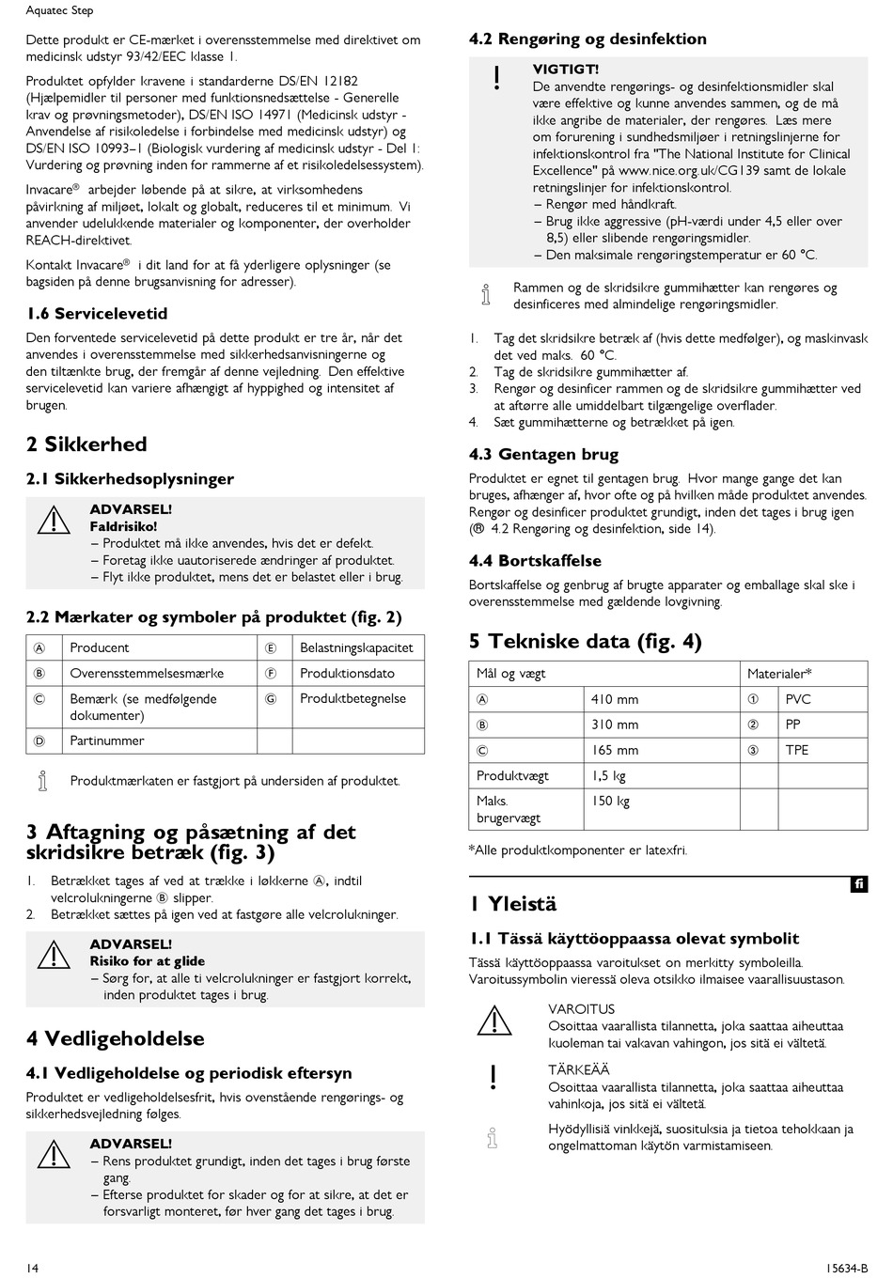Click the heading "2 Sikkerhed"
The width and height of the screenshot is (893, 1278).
pyautogui.click(x=86, y=444)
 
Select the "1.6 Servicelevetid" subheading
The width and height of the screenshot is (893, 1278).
pyautogui.click(x=97, y=314)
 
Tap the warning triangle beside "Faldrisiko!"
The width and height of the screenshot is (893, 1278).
pyautogui.click(x=55, y=520)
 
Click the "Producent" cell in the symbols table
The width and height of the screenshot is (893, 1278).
pyautogui.click(x=100, y=647)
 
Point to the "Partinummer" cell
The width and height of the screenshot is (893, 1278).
pyautogui.click(x=107, y=740)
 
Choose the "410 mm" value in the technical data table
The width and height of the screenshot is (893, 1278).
pyautogui.click(x=615, y=699)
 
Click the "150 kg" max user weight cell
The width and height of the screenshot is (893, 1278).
pyautogui.click(x=610, y=802)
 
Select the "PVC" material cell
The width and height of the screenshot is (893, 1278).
pyautogui.click(x=798, y=699)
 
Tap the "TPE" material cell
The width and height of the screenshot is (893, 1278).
pyautogui.click(x=796, y=750)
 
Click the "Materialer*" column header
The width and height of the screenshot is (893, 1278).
pyautogui.click(x=779, y=674)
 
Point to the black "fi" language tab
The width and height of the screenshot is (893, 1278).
pyautogui.click(x=859, y=884)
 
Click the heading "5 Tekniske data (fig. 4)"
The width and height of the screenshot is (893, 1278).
pyautogui.click(x=585, y=642)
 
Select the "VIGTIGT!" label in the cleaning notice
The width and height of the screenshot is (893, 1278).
pyautogui.click(x=566, y=70)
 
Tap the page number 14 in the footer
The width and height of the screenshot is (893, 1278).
pyautogui.click(x=33, y=1269)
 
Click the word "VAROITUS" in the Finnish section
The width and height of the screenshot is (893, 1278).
pyautogui.click(x=581, y=1009)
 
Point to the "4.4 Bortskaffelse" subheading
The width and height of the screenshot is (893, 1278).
pyautogui.click(x=535, y=561)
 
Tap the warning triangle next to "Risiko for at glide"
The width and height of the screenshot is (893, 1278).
pyautogui.click(x=55, y=956)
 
